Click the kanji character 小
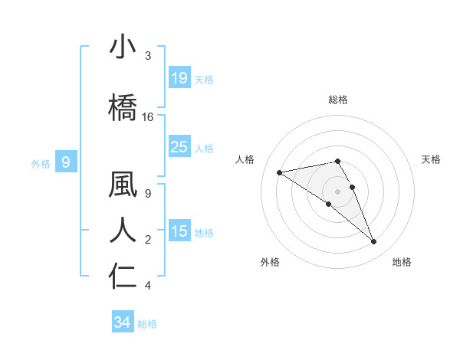point(123,48)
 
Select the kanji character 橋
point(123,107)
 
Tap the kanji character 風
point(123,185)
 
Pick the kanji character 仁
point(123,276)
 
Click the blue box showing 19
point(179,78)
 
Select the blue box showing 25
point(179,147)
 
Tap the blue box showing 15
point(179,231)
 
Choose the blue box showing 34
point(122,322)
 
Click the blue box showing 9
point(67,162)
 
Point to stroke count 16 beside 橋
point(148,116)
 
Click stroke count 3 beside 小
point(148,56)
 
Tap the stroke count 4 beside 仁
point(148,286)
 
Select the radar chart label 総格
point(338,100)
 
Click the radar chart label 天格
point(431,159)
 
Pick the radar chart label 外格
point(270,262)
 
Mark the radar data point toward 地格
point(374,242)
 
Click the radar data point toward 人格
point(280,172)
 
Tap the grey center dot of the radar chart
point(338,191)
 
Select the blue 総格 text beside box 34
point(147,324)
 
